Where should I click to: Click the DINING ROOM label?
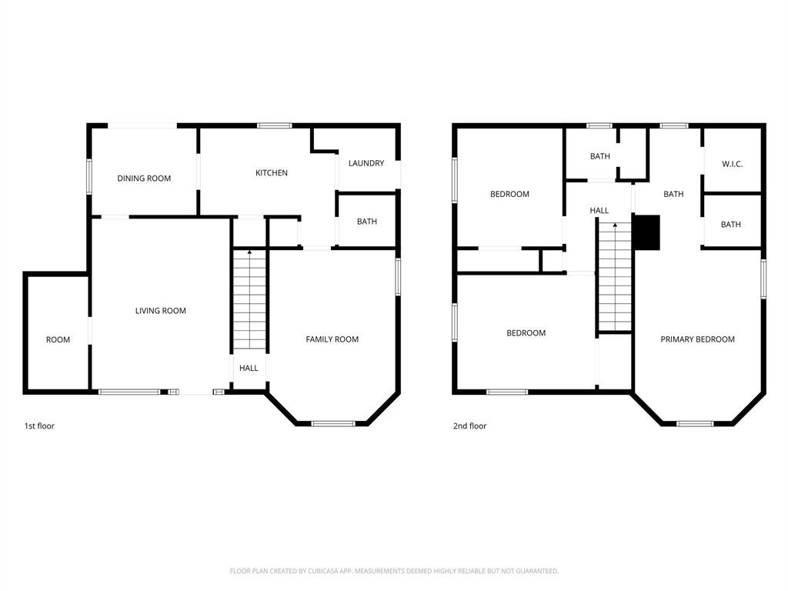(x=144, y=179)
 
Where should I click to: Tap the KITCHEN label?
(x=272, y=173)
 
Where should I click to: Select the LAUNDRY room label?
(x=366, y=163)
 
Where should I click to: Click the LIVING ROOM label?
(x=161, y=311)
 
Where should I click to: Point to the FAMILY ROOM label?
(x=332, y=339)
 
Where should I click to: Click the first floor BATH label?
(x=367, y=222)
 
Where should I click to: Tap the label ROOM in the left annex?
(x=58, y=339)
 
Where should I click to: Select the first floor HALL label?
(x=249, y=369)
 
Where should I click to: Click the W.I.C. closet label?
(x=732, y=164)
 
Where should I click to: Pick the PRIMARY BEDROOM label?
(x=697, y=339)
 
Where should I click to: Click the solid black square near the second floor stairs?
(x=647, y=232)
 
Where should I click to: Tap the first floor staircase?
(x=249, y=300)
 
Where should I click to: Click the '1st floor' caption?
(x=39, y=426)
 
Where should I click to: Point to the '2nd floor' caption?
(x=469, y=426)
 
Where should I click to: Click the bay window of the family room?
(x=333, y=423)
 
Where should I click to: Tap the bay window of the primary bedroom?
(x=695, y=423)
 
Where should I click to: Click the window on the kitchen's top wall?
(x=274, y=125)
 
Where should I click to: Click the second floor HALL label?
(x=599, y=210)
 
